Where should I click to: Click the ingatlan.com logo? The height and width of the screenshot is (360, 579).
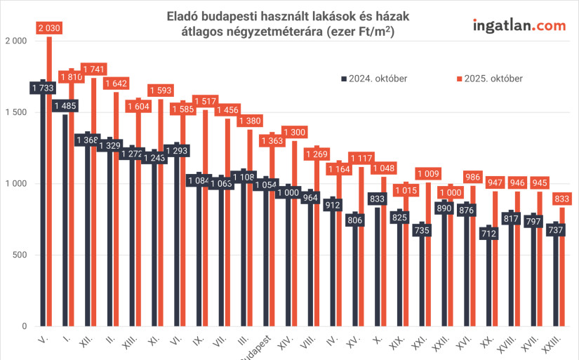coord(519,26)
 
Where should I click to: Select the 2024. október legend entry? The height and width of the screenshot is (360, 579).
coord(373,79)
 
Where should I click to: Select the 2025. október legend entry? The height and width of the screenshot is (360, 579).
coord(489,79)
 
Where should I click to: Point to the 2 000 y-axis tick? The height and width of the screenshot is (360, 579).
coord(15,41)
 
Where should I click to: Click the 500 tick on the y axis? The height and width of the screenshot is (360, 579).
coord(18,255)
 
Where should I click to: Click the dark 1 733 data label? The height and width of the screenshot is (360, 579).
coord(43,88)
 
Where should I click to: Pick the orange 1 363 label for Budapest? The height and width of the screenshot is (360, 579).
coord(272,140)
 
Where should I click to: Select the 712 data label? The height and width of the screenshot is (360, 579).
coord(488,234)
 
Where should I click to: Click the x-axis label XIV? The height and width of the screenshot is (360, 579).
coord(284,345)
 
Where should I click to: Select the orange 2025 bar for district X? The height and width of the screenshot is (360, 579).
coord(383,253)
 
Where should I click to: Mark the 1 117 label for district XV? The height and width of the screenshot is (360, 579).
coord(361,159)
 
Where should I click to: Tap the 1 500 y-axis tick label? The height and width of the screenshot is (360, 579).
coord(15,112)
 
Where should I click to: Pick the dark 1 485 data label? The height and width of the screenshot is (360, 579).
coord(65,106)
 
